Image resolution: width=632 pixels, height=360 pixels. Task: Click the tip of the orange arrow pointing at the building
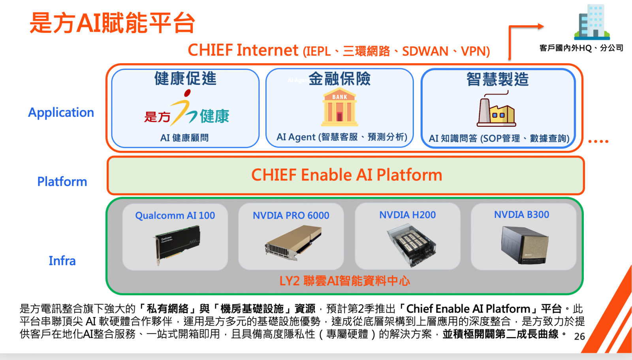[544, 26]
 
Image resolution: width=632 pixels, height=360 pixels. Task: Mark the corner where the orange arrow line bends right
[510, 27]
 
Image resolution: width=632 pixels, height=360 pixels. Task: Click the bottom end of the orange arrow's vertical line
[510, 60]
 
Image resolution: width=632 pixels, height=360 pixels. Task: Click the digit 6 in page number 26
[582, 336]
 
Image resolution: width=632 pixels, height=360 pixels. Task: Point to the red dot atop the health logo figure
[187, 93]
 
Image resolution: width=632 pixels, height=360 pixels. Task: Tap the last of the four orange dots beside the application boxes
[607, 141]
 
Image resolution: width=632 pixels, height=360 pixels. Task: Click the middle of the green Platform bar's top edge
[346, 157]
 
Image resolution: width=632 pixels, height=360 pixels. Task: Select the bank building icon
[339, 107]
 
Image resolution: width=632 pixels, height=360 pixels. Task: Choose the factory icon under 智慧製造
[496, 109]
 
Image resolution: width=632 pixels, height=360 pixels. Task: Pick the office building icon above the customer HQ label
[592, 22]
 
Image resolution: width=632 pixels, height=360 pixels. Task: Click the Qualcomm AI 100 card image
[178, 244]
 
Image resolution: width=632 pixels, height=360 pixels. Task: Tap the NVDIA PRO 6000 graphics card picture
[293, 243]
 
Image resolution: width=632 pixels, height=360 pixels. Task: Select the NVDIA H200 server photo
[411, 245]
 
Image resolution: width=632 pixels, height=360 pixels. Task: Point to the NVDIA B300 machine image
[525, 245]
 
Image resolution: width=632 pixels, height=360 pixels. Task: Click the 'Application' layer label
[61, 113]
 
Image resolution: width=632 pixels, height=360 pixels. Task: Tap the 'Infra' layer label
[62, 261]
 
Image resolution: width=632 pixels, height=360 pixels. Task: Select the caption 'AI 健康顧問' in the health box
[184, 138]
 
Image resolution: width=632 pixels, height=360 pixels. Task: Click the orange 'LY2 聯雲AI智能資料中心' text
[344, 281]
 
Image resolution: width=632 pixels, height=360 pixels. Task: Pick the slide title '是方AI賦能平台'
[112, 23]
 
